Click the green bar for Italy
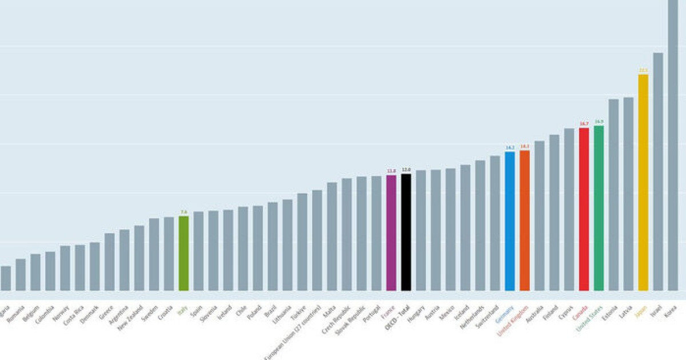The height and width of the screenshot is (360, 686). pos(184,253)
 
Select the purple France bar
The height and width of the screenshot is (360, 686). pos(391,233)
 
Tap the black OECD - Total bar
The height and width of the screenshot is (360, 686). pos(406,232)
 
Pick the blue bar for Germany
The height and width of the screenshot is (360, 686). pos(510,221)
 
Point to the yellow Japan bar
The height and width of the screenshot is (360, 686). pos(643,182)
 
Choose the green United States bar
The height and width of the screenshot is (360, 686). pos(599,208)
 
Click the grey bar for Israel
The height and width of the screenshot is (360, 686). pos(658,171)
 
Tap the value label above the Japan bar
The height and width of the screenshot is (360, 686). pos(643,70)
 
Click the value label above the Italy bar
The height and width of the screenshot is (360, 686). pos(184,212)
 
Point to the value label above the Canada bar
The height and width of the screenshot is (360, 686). pos(584,123)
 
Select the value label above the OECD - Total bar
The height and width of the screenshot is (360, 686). pos(406,170)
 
